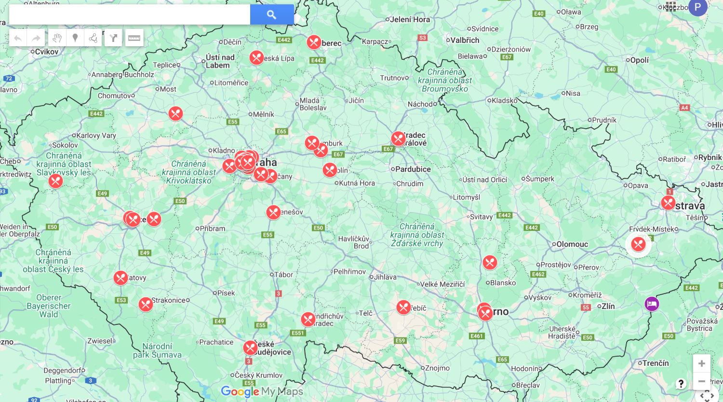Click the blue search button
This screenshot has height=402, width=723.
tap(271, 14)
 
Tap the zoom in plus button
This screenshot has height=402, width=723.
tap(701, 363)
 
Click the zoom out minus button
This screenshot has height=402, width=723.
tap(701, 381)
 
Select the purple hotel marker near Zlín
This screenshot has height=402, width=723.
tap(652, 304)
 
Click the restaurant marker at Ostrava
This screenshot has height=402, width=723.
tap(668, 203)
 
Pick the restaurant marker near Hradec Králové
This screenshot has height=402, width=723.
tap(398, 139)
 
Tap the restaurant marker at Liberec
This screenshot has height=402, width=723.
tap(314, 42)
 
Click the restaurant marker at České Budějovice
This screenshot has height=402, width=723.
tap(250, 348)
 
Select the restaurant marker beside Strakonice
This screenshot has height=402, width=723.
tap(146, 305)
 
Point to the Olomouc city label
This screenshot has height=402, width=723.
tap(572, 244)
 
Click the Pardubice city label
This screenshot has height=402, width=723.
tap(413, 169)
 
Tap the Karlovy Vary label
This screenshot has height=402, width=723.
tap(96, 135)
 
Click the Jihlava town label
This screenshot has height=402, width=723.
tap(385, 277)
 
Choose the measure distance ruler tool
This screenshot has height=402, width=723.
tap(134, 38)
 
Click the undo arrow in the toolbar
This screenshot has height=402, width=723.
tap(18, 38)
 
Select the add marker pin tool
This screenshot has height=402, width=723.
tap(75, 38)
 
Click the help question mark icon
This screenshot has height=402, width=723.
tap(681, 384)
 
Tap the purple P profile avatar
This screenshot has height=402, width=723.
tap(697, 7)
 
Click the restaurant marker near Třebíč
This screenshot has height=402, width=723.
tap(403, 308)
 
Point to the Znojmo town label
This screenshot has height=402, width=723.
tap(437, 368)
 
